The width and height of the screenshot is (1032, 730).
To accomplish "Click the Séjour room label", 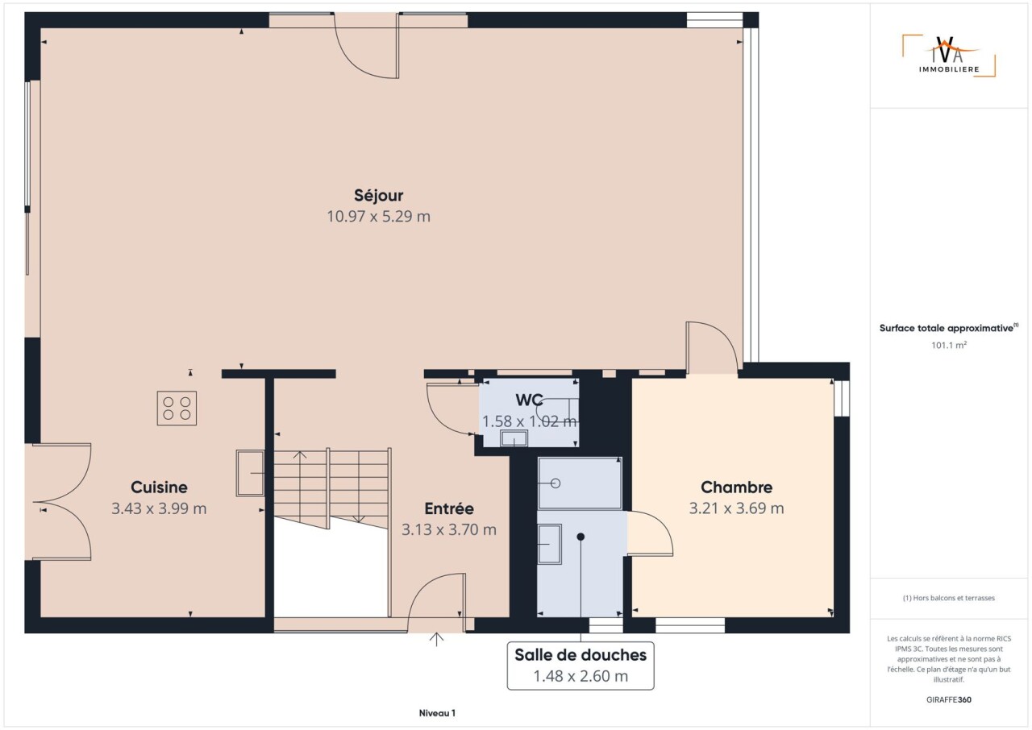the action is click(x=378, y=196).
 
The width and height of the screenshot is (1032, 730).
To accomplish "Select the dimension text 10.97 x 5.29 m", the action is click(x=378, y=216).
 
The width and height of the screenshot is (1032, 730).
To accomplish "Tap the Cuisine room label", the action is click(x=159, y=487).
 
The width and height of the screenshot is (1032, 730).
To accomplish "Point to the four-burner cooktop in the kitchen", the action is click(x=177, y=409).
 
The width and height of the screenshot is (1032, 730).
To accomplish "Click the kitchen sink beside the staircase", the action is click(x=250, y=473).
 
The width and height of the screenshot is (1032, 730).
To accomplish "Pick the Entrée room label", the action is click(x=449, y=508).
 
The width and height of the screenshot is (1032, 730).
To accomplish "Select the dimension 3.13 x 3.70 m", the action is click(x=449, y=530).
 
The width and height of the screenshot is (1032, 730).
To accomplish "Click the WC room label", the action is click(x=529, y=400).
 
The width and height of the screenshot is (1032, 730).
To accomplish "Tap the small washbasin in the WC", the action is click(x=514, y=438).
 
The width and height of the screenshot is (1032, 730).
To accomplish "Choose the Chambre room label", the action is click(x=736, y=487).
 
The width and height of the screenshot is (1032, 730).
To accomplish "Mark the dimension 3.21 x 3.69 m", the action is click(x=736, y=508).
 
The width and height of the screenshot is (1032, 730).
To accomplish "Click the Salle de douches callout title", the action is click(x=580, y=654).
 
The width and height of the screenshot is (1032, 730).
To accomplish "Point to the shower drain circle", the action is click(x=556, y=483).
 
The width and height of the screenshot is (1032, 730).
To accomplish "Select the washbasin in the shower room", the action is click(x=550, y=544).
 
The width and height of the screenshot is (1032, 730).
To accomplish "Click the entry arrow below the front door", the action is click(x=436, y=639).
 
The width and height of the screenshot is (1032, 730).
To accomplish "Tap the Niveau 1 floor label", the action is click(x=437, y=713).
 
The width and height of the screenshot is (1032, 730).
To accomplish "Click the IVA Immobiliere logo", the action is click(x=949, y=56).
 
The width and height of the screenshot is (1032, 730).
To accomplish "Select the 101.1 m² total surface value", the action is click(x=949, y=345).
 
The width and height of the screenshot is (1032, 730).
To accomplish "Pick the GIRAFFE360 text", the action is click(x=949, y=699).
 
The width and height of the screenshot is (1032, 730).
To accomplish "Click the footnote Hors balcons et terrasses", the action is click(x=949, y=598).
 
